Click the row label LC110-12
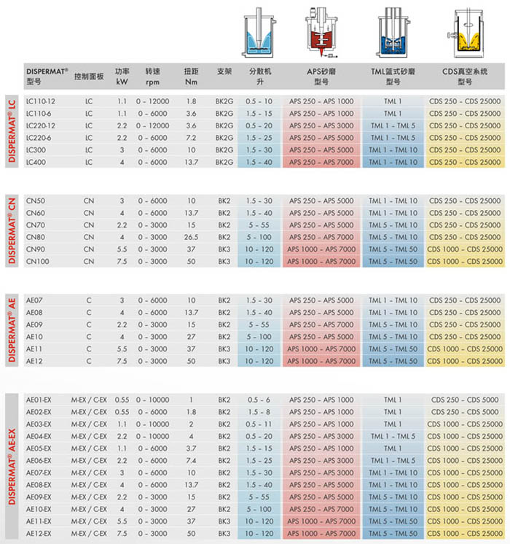(41, 101)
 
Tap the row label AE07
(35, 300)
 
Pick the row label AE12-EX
(39, 534)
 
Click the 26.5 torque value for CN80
(191, 237)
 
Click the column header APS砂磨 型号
(321, 77)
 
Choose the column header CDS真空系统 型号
(465, 77)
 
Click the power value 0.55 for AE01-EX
(122, 400)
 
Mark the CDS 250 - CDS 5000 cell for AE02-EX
(465, 412)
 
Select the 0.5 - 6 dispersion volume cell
(259, 400)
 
